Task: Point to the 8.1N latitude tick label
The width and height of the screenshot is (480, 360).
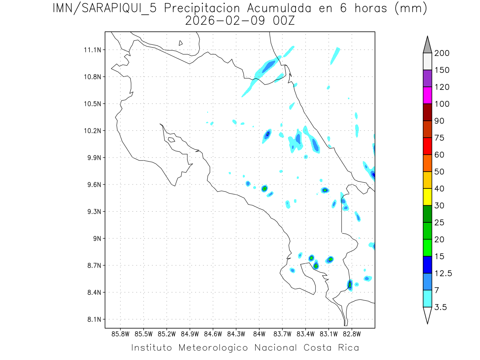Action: click(x=92, y=319)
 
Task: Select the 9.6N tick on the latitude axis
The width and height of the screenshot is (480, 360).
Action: click(x=92, y=185)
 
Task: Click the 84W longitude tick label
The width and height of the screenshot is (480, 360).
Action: click(x=259, y=334)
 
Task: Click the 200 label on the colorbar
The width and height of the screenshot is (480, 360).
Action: click(x=442, y=53)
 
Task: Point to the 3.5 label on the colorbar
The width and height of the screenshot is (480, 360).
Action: click(x=441, y=307)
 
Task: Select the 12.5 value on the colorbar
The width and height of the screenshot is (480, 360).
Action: click(x=443, y=273)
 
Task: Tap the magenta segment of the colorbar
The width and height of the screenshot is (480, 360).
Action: click(x=427, y=95)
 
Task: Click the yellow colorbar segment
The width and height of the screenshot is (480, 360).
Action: click(x=427, y=197)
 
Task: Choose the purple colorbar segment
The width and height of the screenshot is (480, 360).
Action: click(x=427, y=78)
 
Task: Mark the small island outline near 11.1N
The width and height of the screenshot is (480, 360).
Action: click(x=181, y=43)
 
